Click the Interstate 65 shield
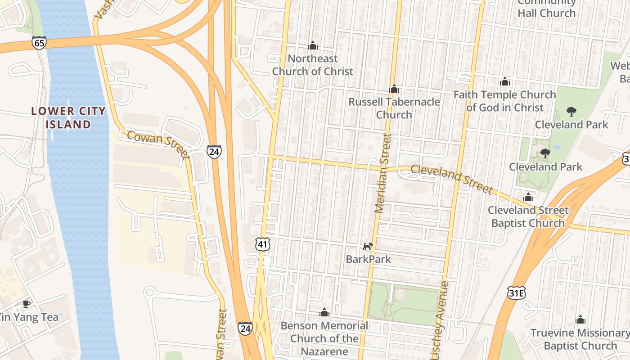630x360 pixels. point(39,43)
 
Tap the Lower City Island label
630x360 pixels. point(68,117)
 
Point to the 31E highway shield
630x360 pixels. point(516,293)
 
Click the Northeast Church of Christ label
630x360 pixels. point(313,65)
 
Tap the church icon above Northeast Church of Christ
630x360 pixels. point(313,45)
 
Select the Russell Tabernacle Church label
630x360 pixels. point(394,108)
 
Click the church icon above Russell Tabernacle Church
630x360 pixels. point(394,89)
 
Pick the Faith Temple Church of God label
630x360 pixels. point(504,101)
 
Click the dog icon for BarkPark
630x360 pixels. point(368,246)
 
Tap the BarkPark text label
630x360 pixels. point(368,259)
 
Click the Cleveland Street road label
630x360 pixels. point(451,179)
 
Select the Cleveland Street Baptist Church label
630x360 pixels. point(528,216)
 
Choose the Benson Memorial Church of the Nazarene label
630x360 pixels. point(324,338)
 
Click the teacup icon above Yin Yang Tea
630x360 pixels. point(27,304)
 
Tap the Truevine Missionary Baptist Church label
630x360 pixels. point(580,339)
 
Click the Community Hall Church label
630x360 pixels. point(546,8)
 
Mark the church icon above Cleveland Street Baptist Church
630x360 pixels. point(528,197)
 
